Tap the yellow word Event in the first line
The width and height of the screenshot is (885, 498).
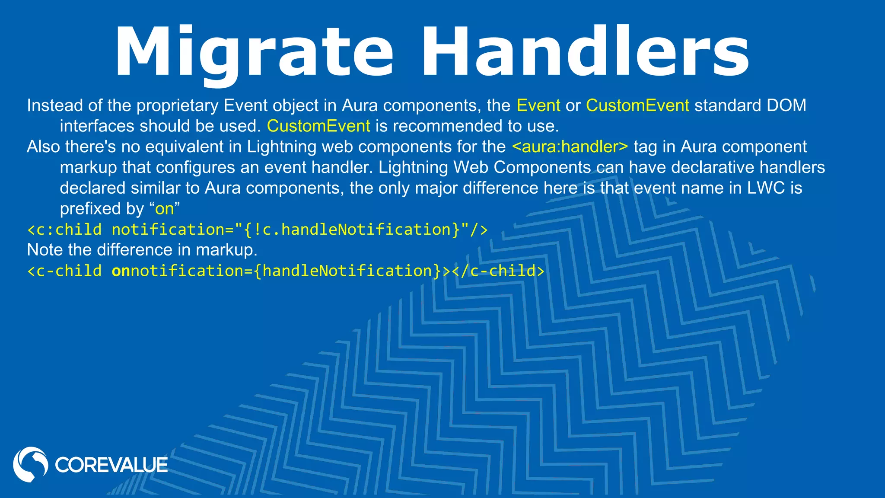tap(538, 105)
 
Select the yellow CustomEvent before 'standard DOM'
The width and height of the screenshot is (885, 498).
tap(637, 105)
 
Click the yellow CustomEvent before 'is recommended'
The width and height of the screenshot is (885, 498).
tap(318, 126)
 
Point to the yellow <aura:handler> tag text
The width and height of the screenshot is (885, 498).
tap(570, 147)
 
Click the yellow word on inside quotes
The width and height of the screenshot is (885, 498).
tap(164, 209)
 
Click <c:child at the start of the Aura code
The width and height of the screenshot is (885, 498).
tap(64, 230)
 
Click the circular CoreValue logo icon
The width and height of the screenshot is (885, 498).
tap(30, 464)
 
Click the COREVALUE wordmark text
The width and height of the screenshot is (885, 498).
tap(111, 465)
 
